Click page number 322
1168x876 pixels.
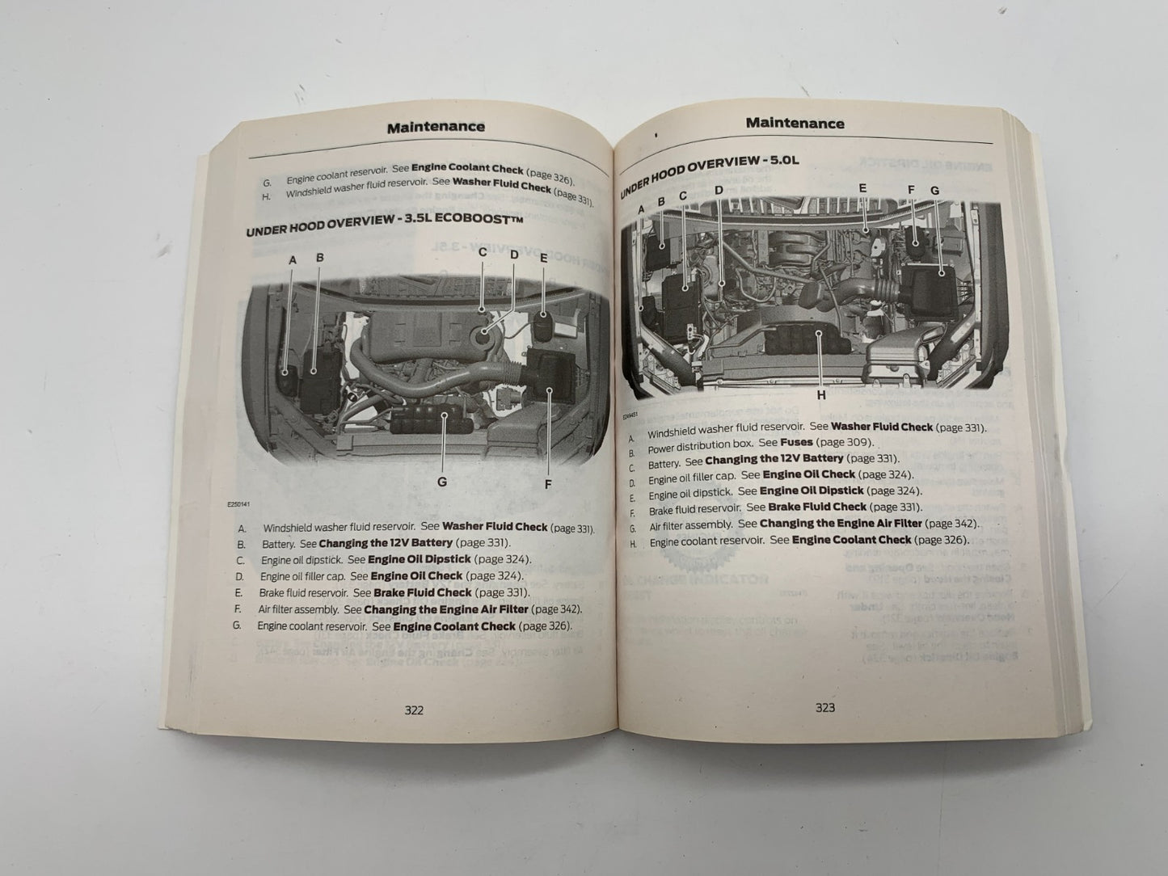413,710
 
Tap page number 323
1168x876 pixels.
824,707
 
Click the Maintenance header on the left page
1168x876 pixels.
436,127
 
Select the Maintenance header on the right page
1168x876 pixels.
795,123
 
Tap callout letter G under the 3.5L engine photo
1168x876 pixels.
441,482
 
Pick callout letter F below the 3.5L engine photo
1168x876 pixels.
547,484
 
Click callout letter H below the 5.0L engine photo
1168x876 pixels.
821,395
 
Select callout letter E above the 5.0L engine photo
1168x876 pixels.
862,188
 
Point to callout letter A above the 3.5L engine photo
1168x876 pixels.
293,259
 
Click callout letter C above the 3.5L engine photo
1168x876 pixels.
483,251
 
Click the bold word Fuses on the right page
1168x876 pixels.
796,442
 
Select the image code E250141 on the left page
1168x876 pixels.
238,506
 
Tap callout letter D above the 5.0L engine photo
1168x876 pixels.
719,191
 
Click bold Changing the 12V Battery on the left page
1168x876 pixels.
386,543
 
